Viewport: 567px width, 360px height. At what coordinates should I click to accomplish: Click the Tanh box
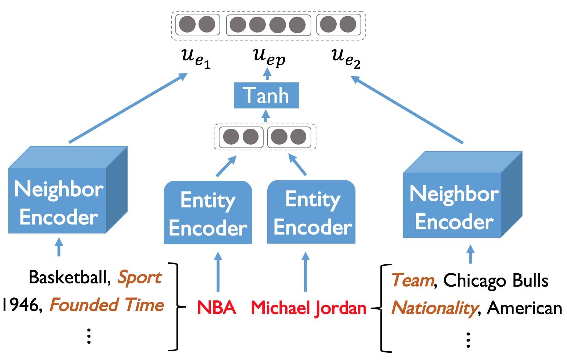click(x=266, y=95)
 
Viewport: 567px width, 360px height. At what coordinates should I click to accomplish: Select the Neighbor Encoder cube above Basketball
click(x=68, y=190)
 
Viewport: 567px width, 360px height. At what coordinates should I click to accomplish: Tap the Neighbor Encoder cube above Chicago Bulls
click(x=463, y=194)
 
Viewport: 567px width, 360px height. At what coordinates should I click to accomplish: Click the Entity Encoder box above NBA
click(x=208, y=213)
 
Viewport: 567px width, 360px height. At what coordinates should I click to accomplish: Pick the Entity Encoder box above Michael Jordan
click(x=311, y=212)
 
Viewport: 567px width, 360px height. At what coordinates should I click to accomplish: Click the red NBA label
click(x=216, y=308)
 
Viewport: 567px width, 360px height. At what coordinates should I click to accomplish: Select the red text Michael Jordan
click(x=308, y=308)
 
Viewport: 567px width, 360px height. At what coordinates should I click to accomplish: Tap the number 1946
click(x=22, y=305)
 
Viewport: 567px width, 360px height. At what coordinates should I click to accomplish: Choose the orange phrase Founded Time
click(x=107, y=305)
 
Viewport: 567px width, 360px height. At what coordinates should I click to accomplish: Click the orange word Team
click(x=413, y=280)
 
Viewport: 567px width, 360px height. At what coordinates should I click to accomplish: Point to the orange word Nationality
click(x=434, y=309)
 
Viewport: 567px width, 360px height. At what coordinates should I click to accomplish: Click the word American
click(x=524, y=308)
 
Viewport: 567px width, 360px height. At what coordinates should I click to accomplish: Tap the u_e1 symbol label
click(x=196, y=59)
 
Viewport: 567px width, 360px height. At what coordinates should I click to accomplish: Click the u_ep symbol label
click(x=269, y=58)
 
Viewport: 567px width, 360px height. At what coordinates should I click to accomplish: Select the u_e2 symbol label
click(x=346, y=59)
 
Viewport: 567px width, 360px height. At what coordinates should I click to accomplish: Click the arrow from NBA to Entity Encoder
click(x=218, y=272)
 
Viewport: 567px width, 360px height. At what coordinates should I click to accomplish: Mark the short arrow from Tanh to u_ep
click(x=267, y=74)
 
